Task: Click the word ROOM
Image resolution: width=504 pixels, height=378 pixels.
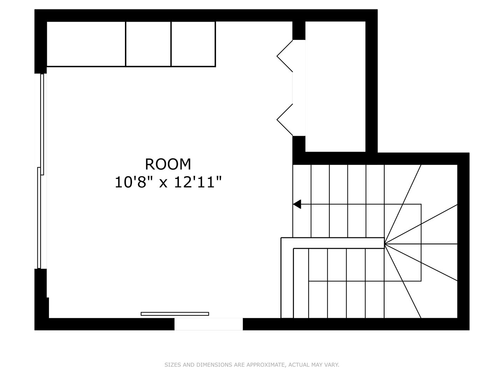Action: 168,164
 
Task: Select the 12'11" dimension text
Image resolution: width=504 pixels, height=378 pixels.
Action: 198,182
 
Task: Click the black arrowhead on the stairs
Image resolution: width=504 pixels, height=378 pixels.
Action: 297,204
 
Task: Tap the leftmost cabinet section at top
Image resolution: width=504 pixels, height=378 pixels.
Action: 86,44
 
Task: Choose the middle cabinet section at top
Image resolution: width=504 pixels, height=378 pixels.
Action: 148,44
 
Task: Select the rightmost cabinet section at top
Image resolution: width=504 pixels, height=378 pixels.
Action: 193,44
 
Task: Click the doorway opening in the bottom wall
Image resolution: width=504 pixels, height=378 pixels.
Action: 209,324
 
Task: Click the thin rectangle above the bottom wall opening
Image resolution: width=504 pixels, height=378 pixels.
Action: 175,314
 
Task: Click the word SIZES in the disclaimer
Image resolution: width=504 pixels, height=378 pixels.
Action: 173,365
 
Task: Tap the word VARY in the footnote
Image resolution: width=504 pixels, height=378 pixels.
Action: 332,365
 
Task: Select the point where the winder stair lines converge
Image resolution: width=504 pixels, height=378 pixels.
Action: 384,244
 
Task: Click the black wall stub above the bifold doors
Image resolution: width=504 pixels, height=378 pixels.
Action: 299,30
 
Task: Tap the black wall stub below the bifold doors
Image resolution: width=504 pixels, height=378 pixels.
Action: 299,144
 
